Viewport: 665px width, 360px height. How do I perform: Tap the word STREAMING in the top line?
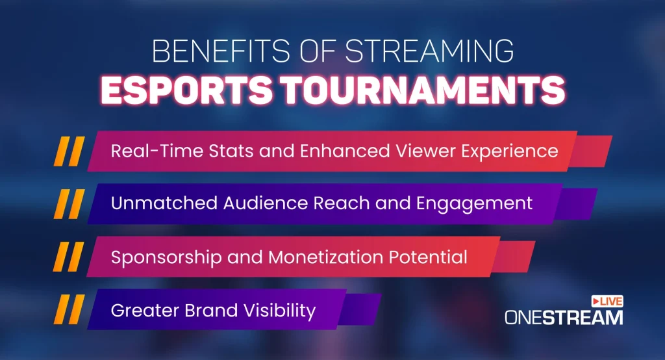pos(429,51)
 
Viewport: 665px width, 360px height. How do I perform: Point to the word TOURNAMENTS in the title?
pos(423,90)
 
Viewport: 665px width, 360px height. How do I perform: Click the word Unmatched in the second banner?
pos(164,203)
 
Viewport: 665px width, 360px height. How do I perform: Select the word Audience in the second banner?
pos(266,203)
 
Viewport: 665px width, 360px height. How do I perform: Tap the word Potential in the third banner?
pos(429,257)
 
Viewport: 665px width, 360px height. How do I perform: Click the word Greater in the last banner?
pos(145,311)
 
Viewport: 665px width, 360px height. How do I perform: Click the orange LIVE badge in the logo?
pos(607,302)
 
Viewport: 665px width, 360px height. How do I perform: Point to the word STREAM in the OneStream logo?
pos(583,318)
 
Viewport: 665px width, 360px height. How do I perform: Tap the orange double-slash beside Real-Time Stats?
pos(69,151)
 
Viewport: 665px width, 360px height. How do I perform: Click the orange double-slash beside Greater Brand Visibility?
pos(69,310)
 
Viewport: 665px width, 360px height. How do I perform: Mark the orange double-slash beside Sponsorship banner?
pos(68,257)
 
